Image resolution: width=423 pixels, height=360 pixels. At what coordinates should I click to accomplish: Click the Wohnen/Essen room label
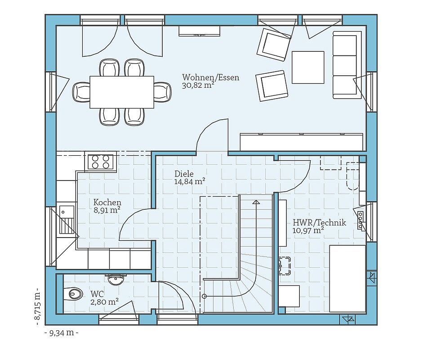[x=211, y=77]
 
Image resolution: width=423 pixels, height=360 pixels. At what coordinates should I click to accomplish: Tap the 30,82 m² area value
[x=198, y=85]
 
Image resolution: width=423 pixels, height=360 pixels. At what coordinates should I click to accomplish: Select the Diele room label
[x=184, y=174]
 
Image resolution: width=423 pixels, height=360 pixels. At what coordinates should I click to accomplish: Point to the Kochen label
[x=107, y=202]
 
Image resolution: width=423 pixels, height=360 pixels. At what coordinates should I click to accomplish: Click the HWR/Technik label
[x=320, y=223]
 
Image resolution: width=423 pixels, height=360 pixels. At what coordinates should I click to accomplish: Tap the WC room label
[x=97, y=294]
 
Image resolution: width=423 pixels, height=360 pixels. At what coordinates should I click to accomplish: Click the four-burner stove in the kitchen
[x=101, y=162]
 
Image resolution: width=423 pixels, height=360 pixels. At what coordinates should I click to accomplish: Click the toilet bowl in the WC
[x=73, y=293]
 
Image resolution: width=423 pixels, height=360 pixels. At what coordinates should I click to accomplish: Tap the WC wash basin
[x=116, y=279]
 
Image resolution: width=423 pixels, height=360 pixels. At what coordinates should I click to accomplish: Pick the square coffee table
[x=308, y=67]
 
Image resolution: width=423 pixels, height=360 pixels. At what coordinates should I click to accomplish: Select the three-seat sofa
[x=347, y=64]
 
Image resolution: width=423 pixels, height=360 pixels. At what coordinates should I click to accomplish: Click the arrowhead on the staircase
[x=256, y=202]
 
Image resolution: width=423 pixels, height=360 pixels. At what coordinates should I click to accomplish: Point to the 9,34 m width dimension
[x=62, y=333]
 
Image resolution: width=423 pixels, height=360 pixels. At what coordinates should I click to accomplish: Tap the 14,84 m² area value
[x=189, y=181]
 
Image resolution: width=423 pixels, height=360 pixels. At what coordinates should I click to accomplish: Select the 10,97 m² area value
[x=308, y=230]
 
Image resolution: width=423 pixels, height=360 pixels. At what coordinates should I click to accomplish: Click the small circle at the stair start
[x=204, y=296]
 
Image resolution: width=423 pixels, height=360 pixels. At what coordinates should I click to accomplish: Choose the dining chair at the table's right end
[x=163, y=92]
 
